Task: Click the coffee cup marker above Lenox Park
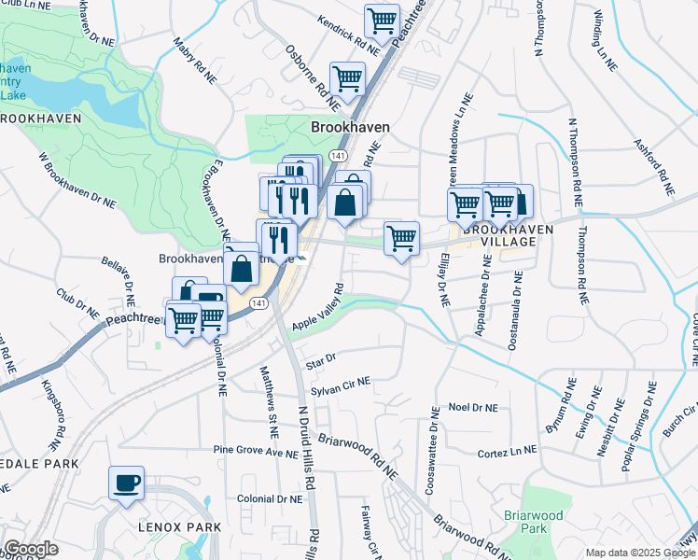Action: (126, 483)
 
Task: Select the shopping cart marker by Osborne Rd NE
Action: (347, 78)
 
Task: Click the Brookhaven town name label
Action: (350, 127)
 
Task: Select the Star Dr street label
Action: (320, 357)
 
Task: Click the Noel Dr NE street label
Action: (473, 408)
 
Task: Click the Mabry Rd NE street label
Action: (188, 59)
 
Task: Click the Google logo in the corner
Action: (31, 549)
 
